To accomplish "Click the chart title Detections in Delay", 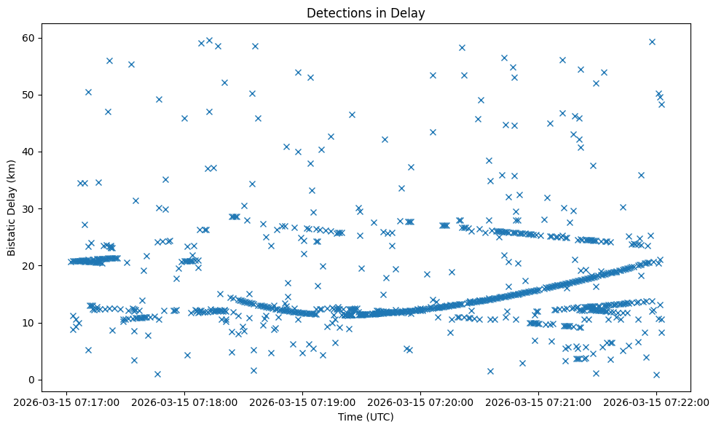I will [x=366, y=13].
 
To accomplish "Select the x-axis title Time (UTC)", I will [x=366, y=417].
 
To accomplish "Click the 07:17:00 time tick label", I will [x=66, y=402].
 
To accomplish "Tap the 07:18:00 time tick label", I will [x=184, y=402].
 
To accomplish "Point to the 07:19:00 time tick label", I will [x=302, y=402].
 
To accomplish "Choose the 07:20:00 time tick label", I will [x=420, y=402].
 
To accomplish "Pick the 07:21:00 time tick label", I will [x=538, y=402].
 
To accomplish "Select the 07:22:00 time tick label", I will [x=656, y=402].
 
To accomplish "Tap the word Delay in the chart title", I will [x=410, y=13].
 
